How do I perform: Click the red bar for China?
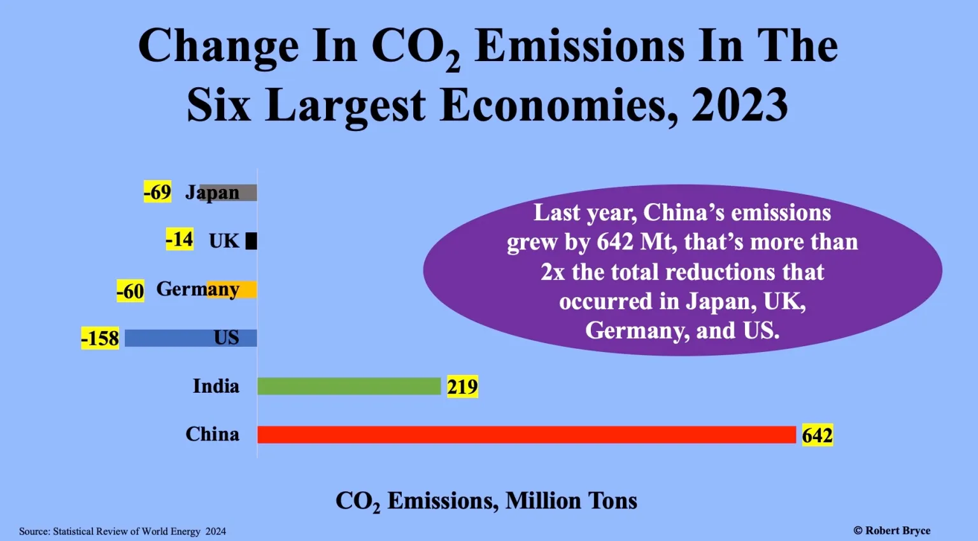527,435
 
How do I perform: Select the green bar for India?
349,386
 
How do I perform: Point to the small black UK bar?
252,241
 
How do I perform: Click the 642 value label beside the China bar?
817,435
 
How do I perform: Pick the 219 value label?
462,387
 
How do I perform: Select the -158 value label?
100,339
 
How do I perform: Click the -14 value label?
180,240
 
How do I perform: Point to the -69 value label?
157,192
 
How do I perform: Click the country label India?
216,386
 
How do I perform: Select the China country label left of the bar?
213,435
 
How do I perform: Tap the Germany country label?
197,290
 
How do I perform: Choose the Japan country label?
213,192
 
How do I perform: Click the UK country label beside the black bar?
224,241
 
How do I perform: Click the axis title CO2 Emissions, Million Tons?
486,502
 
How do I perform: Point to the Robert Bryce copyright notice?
891,531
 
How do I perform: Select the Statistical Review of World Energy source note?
122,531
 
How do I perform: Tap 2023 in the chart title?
740,105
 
